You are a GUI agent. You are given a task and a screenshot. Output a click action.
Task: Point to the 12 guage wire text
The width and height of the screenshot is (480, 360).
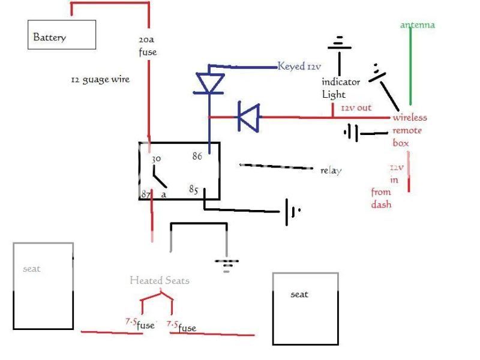(100, 80)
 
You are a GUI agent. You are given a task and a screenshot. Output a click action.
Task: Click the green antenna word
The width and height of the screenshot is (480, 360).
(417, 25)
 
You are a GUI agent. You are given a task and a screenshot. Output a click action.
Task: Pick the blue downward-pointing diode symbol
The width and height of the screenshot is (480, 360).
(209, 84)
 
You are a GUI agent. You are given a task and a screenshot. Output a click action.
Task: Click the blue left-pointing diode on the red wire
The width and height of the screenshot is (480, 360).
(248, 117)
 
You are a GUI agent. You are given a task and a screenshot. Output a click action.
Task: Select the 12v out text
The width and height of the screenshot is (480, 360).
(356, 108)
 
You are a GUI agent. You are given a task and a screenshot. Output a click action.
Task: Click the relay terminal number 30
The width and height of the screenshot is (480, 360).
(157, 159)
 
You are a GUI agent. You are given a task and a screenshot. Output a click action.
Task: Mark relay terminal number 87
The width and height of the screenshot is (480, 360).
(146, 195)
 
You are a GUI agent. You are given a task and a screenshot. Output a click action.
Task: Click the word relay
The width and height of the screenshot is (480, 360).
(331, 170)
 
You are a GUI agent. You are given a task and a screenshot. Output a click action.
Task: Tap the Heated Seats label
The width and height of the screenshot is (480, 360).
(159, 280)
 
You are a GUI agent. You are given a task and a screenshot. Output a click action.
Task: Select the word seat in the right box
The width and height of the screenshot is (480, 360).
(299, 295)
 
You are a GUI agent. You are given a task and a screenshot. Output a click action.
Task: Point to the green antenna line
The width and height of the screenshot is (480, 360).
(410, 66)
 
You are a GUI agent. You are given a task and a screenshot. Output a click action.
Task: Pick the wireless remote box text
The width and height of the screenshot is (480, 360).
(410, 130)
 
